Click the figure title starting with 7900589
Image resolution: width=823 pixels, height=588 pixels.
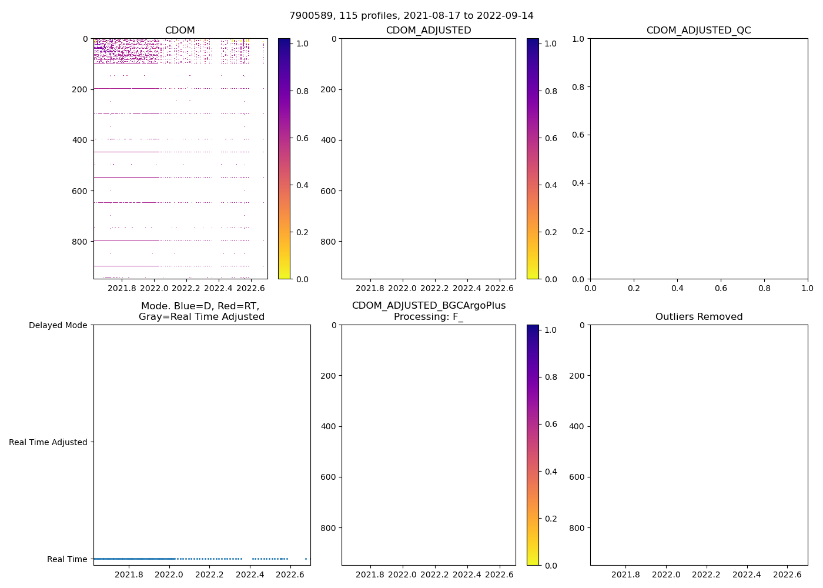[411, 16]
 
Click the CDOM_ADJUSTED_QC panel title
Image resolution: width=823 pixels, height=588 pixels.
[698, 31]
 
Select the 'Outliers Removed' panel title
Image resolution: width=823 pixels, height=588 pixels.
[698, 317]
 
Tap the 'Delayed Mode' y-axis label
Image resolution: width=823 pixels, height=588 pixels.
[58, 325]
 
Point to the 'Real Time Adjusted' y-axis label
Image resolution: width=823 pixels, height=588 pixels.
[48, 442]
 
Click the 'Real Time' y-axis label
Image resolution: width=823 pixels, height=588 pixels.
[67, 559]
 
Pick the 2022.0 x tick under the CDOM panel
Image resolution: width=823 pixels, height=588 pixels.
[155, 288]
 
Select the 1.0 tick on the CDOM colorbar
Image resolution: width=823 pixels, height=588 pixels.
[302, 44]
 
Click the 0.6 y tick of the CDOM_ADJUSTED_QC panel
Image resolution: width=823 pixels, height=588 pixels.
[579, 135]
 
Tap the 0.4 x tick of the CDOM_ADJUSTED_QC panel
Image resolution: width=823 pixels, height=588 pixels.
[677, 288]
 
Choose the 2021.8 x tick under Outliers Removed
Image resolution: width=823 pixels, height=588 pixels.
[626, 574]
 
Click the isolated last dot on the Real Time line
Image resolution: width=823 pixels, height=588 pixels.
[306, 559]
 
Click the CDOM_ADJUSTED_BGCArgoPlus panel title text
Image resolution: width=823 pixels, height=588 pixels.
[429, 306]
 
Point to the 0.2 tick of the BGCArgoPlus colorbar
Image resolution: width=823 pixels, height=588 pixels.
[551, 519]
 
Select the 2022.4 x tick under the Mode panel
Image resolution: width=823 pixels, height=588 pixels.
[250, 574]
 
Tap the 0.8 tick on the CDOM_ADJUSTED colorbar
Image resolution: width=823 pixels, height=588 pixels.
[551, 91]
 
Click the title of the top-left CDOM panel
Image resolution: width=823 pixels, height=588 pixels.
[180, 31]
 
